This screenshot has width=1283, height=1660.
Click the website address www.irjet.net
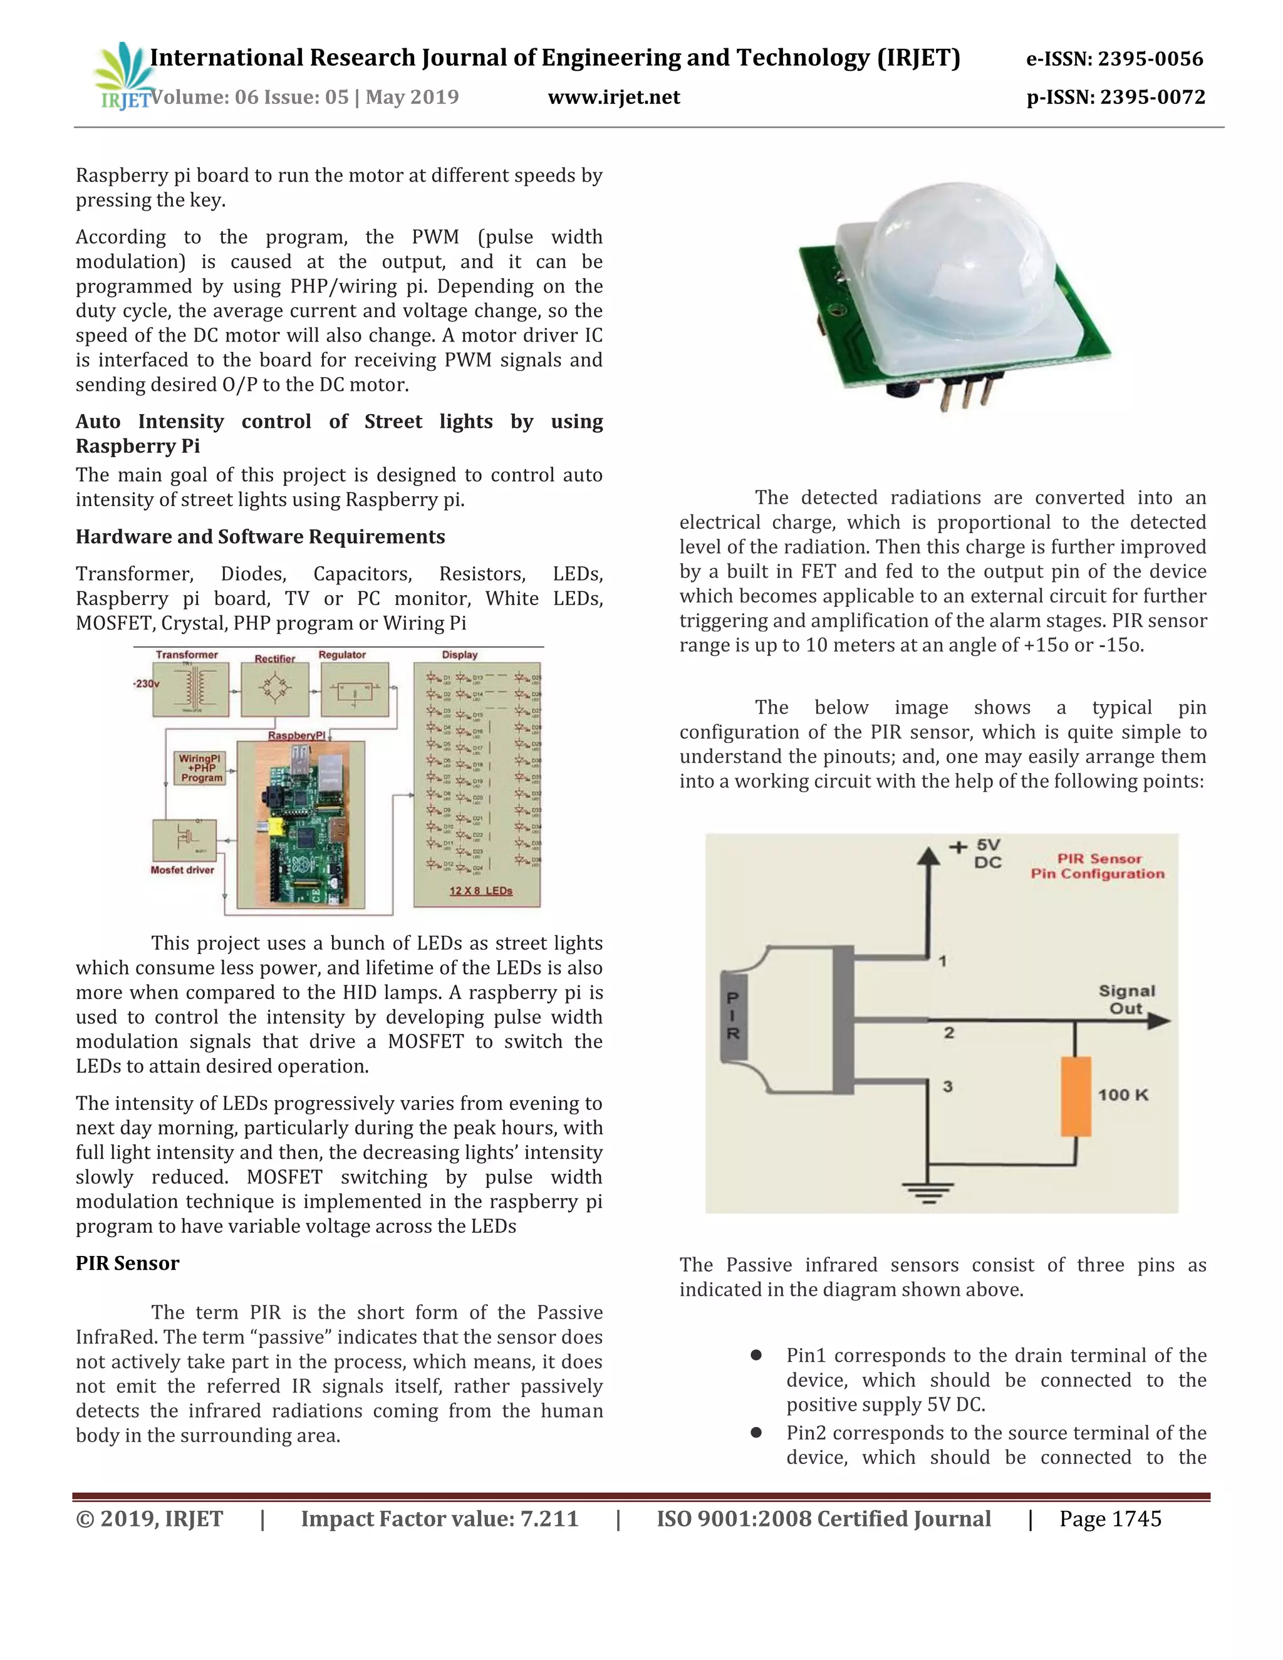[x=613, y=97]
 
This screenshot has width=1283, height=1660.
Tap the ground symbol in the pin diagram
[x=927, y=1192]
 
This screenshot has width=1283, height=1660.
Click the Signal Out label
[x=1126, y=1000]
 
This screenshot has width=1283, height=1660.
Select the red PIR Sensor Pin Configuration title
[x=1098, y=866]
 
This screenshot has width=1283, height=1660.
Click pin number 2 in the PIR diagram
[x=948, y=1032]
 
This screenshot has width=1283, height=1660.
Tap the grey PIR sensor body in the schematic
[x=734, y=1016]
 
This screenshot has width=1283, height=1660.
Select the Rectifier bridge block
[x=275, y=690]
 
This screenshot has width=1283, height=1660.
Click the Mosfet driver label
[x=182, y=870]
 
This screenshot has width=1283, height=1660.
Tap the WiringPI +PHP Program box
[x=202, y=768]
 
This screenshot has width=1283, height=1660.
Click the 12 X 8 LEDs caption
[x=480, y=890]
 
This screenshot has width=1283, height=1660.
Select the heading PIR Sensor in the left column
[x=127, y=1263]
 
